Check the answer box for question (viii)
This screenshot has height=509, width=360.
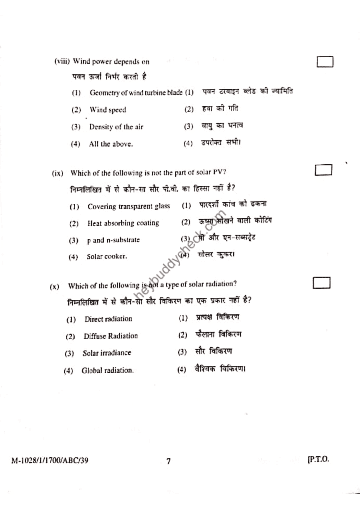[x=325, y=62]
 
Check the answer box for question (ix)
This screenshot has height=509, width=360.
[x=323, y=170]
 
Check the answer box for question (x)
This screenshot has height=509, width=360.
[x=322, y=283]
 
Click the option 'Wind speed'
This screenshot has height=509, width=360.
[x=107, y=110]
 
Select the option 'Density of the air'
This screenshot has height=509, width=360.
[x=116, y=127]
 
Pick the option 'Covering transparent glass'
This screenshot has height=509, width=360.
[x=128, y=206]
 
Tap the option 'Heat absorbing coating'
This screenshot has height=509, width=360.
[x=123, y=223]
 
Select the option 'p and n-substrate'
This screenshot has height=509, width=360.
[x=113, y=240]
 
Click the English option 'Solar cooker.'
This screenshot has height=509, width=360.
[x=106, y=257]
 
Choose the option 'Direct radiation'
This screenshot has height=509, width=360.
[x=108, y=319]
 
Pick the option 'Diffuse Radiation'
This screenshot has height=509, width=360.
[x=110, y=336]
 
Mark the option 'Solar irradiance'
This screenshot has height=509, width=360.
[x=106, y=353]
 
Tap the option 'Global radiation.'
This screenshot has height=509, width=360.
[x=107, y=370]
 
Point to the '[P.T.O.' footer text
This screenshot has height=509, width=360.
[x=318, y=460]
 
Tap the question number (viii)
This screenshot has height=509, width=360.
[x=62, y=62]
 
